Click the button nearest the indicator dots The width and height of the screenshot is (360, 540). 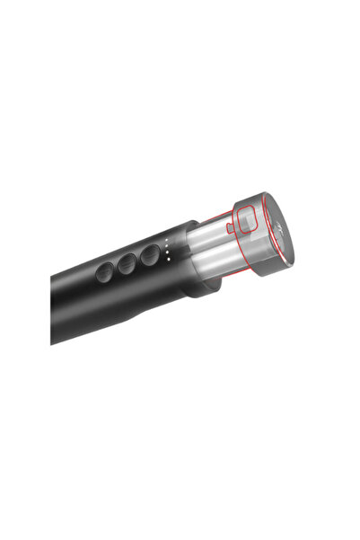(x=150, y=255)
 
